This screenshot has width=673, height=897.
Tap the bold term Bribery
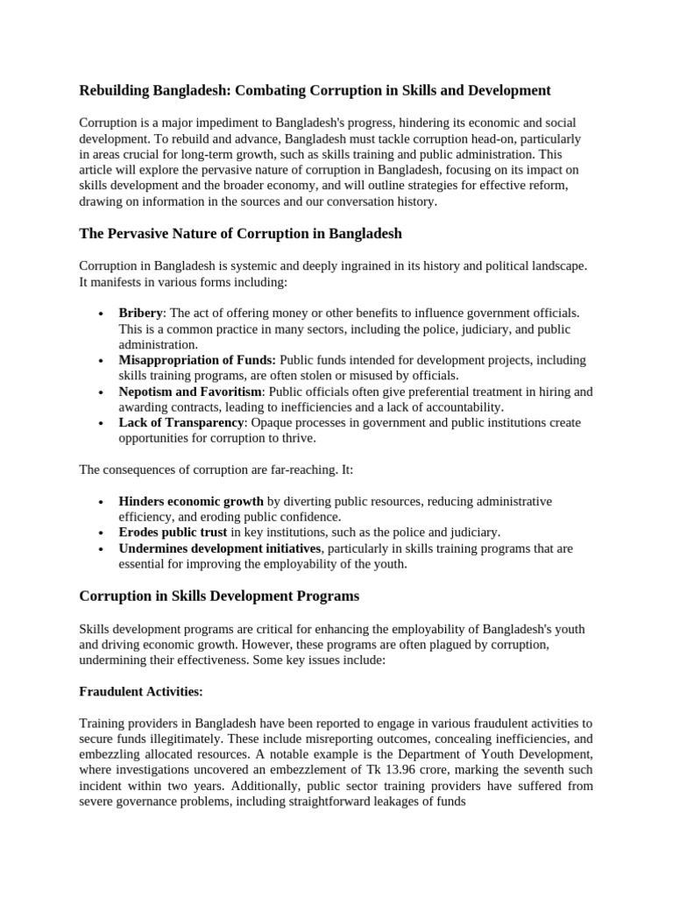[141, 314]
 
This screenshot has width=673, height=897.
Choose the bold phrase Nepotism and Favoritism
[190, 392]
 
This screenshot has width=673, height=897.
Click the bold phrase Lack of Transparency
[181, 423]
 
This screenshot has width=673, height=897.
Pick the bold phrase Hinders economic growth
[191, 502]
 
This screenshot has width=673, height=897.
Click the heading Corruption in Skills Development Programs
[219, 597]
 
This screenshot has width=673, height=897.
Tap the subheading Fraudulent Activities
[141, 692]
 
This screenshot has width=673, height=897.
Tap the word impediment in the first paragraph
[202, 123]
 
